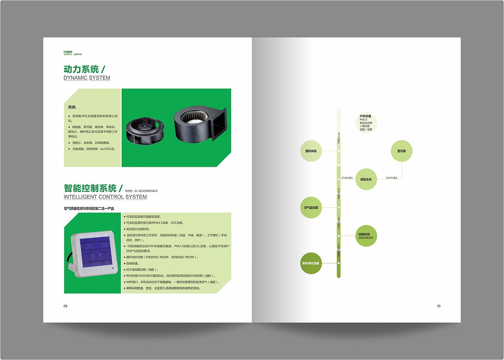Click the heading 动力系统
(x=81, y=69)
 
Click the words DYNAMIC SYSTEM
(x=87, y=78)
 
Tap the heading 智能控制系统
(x=90, y=188)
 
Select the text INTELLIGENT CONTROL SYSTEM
(x=105, y=197)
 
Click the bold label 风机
(x=72, y=107)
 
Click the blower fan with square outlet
(x=200, y=125)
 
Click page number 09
(x=66, y=306)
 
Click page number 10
(x=439, y=306)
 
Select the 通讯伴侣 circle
(x=311, y=151)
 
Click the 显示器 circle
(x=402, y=151)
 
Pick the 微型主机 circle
(x=366, y=179)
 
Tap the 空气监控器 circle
(x=311, y=207)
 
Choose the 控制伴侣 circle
(x=366, y=236)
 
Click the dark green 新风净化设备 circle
(x=311, y=263)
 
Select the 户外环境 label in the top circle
(x=365, y=116)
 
